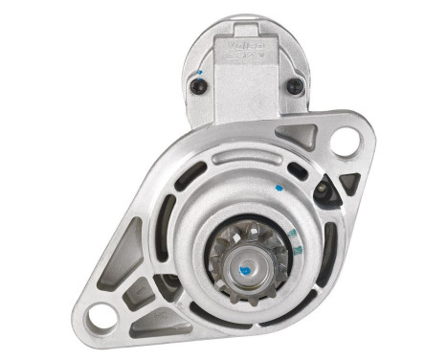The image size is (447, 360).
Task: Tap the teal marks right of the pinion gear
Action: [x=298, y=250]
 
